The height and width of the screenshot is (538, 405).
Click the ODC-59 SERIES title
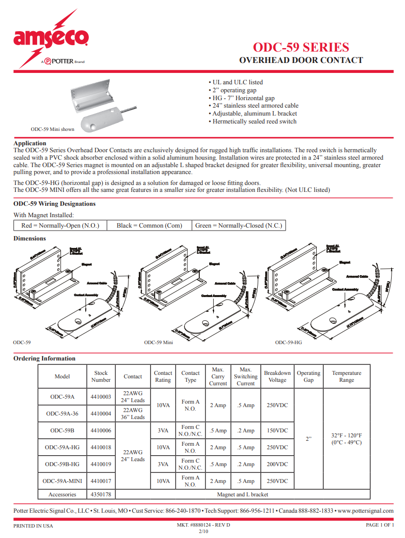pos(300,47)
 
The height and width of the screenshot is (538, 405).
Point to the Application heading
pos(30,143)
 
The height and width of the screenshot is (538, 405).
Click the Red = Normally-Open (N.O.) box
pos(60,226)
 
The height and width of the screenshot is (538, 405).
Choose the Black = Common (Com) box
pos(149,226)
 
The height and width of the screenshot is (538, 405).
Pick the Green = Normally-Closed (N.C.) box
pos(238,226)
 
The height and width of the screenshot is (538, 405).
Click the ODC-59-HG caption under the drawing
pos(289,342)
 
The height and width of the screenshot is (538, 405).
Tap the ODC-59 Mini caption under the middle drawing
pos(159,342)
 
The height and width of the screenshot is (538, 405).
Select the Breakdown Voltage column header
pos(277,376)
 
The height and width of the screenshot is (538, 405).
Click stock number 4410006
pos(101,430)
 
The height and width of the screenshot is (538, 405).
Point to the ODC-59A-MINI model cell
pos(62,481)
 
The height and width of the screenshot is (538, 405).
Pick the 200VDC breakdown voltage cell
pos(277,464)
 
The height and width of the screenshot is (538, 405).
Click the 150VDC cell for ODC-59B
pos(277,430)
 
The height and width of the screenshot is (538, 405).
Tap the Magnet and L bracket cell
pos(242,494)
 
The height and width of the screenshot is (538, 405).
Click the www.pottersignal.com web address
pos(366,511)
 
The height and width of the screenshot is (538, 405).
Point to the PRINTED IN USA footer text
pos(33,526)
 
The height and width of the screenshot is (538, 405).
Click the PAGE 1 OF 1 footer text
pos(380,525)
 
